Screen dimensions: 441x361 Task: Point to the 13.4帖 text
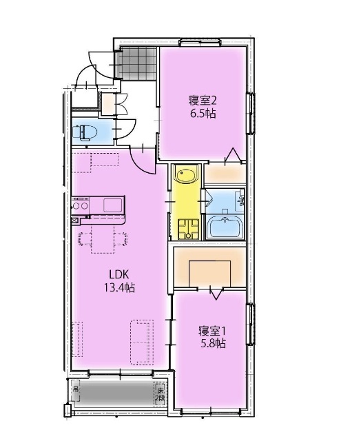120,287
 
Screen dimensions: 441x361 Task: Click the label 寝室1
212,331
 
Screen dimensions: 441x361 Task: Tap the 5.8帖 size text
212,343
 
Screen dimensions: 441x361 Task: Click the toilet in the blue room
86,132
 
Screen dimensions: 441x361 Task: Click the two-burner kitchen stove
80,205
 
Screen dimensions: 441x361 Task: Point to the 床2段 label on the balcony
160,393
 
